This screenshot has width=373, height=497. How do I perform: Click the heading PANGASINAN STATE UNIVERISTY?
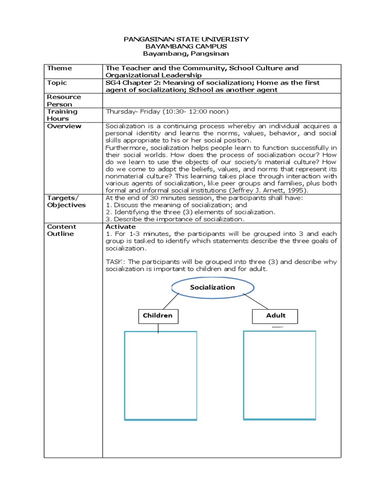(187, 38)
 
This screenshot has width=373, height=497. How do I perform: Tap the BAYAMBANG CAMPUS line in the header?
(187, 46)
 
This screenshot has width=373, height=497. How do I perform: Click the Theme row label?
(59, 68)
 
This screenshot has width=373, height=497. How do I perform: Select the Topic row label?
(57, 83)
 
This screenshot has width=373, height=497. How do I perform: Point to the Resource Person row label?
(64, 100)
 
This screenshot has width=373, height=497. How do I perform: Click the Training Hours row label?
(62, 115)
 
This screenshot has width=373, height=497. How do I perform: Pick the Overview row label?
(64, 126)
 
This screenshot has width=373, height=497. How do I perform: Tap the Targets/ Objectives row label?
(66, 201)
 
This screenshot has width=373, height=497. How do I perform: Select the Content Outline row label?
(62, 230)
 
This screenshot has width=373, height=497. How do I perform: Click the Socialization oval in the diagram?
(212, 287)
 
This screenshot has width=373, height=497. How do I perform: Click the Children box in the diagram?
(157, 316)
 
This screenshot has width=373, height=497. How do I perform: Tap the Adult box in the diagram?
(275, 316)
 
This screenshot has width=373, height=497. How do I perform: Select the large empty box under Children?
(161, 375)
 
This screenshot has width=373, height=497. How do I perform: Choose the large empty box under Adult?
(279, 374)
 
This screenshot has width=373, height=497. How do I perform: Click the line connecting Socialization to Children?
(172, 301)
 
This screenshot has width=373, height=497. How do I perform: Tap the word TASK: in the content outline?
(116, 262)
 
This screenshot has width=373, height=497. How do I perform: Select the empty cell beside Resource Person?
(221, 100)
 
